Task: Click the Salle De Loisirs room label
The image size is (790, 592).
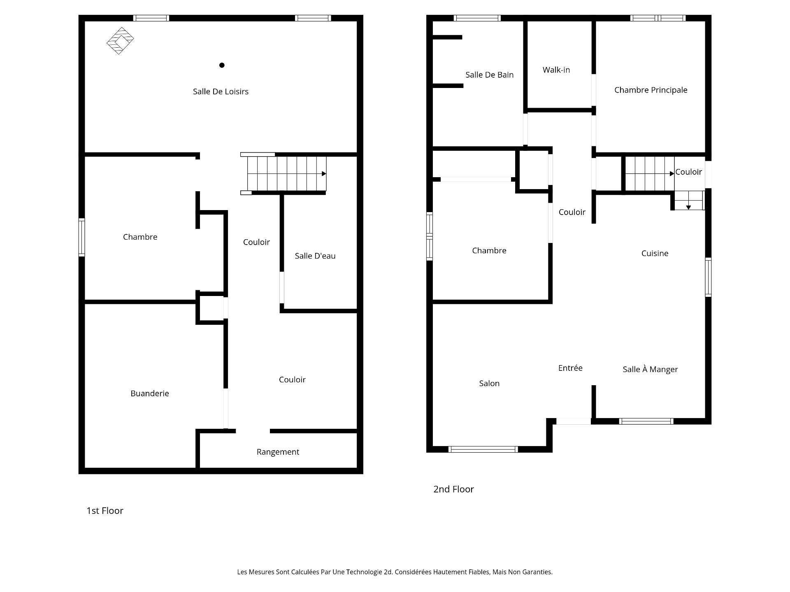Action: (221, 92)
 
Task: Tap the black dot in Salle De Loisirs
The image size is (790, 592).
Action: (222, 65)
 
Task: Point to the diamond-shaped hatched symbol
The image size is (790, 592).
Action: (120, 41)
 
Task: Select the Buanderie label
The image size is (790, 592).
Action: (150, 393)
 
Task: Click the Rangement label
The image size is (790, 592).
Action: (278, 452)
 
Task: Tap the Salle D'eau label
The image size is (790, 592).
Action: (315, 256)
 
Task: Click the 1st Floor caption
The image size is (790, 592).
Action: (105, 511)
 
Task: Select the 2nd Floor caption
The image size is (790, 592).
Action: (453, 489)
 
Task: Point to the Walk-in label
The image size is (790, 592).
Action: (556, 70)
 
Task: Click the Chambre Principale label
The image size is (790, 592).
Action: (651, 90)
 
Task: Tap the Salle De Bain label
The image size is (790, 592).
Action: (489, 75)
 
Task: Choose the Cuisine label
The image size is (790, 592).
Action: (655, 253)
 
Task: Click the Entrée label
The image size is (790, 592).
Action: (570, 368)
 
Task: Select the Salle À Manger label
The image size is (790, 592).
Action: (650, 369)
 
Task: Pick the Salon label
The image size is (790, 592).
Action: (489, 383)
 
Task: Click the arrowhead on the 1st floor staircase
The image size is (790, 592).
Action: (324, 173)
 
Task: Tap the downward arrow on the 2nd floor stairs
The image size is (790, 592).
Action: (688, 207)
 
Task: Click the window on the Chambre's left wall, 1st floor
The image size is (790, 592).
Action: (82, 238)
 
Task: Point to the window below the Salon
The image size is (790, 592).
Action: (483, 449)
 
